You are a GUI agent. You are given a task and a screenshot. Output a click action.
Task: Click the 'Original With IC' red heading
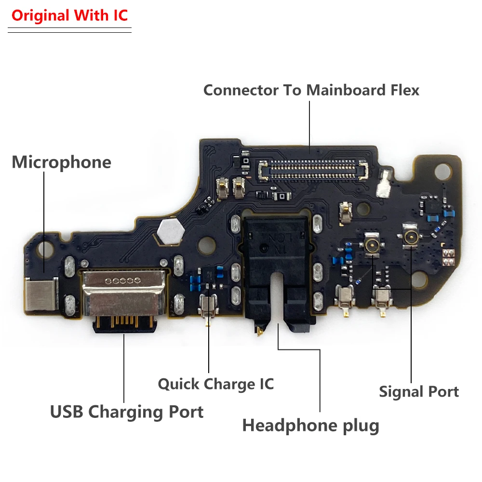69,15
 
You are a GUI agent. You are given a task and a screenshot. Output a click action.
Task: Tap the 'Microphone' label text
61,162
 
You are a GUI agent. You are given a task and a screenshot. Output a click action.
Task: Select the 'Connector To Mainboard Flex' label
311,90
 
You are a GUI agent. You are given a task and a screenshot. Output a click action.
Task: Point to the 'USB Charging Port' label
127,412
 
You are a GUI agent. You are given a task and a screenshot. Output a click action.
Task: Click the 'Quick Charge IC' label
215,384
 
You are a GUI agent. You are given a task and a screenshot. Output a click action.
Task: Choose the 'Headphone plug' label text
310,426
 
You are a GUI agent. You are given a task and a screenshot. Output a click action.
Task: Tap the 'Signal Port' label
419,391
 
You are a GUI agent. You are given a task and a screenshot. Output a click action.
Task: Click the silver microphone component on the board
42,295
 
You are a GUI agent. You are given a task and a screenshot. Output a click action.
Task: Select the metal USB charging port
123,294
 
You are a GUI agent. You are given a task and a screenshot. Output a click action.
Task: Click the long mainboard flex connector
313,169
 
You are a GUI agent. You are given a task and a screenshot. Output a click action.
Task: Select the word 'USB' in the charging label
67,412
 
